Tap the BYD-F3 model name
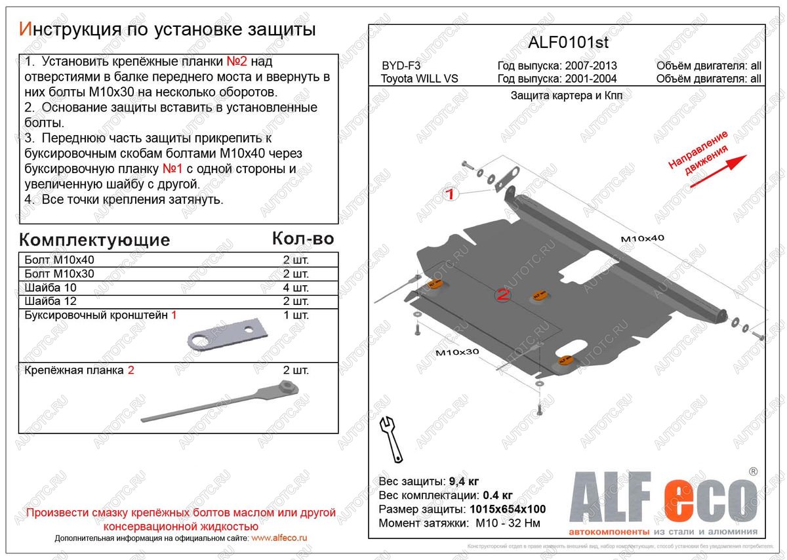(x=401, y=66)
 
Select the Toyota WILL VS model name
(x=420, y=79)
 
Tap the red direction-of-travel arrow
(x=719, y=170)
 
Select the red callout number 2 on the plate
(x=503, y=296)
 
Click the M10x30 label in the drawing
(x=457, y=352)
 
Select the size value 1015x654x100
(x=508, y=509)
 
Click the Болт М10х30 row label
(x=59, y=274)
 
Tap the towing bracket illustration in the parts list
(x=227, y=333)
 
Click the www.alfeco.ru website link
(x=279, y=538)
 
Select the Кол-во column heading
(x=302, y=239)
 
